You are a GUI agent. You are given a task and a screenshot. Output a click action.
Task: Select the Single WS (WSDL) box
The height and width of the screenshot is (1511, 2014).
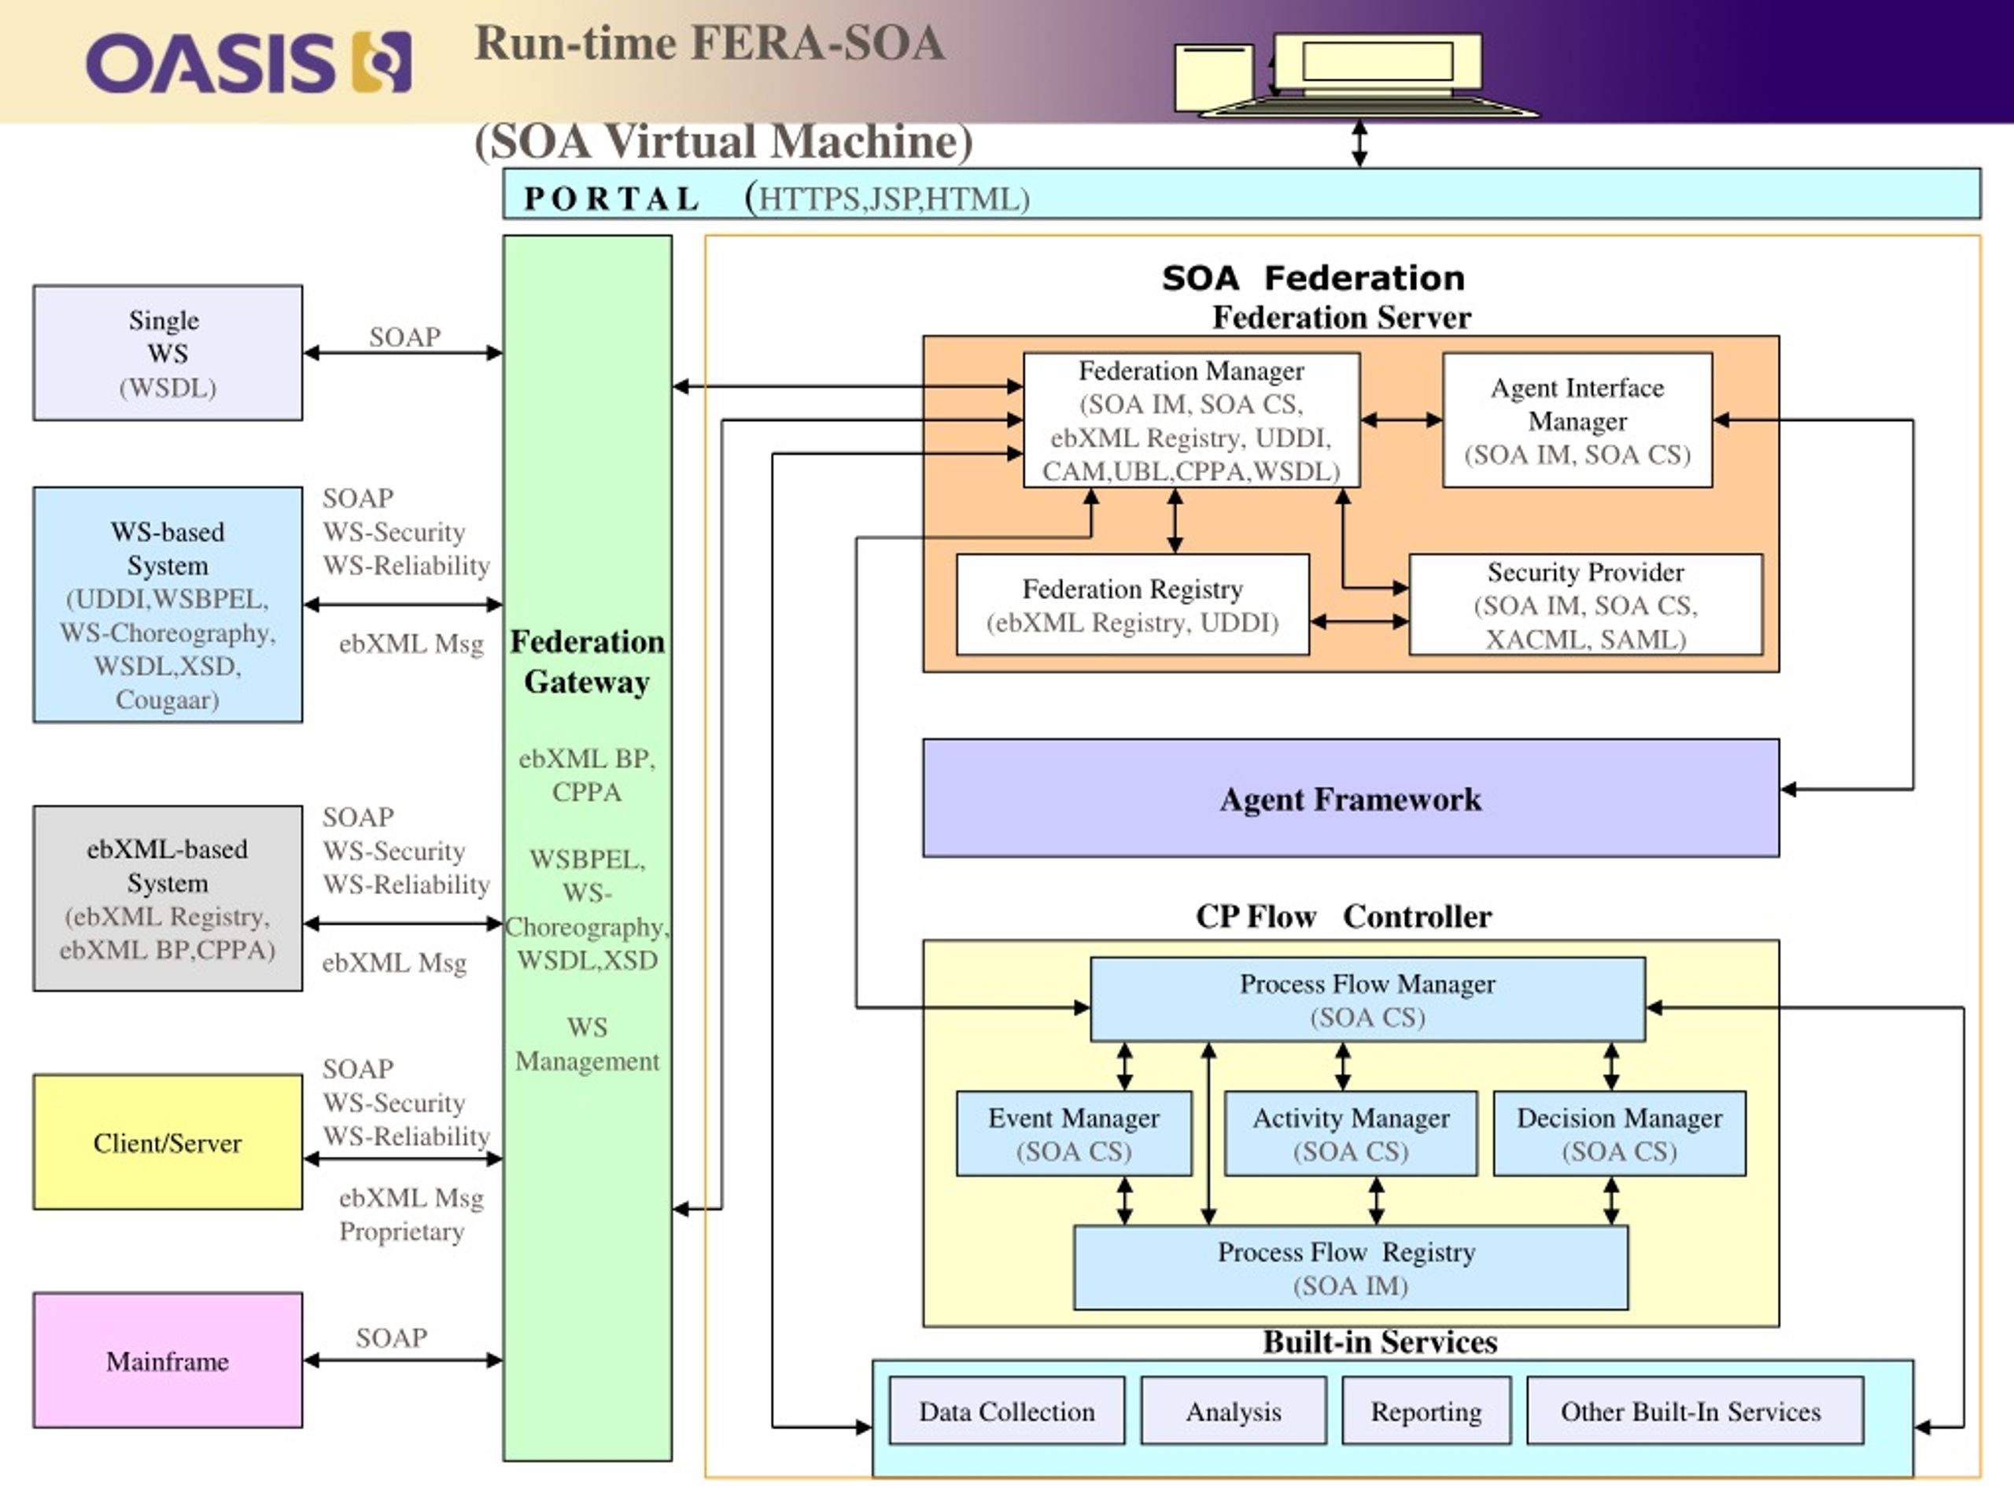pos(168,353)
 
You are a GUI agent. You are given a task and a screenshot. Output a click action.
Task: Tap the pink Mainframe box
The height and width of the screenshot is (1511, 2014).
pos(168,1360)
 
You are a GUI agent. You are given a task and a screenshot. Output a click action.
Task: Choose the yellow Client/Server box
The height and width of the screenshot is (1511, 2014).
pos(168,1142)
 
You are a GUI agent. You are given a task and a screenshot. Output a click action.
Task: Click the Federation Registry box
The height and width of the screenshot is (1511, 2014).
pos(1133,604)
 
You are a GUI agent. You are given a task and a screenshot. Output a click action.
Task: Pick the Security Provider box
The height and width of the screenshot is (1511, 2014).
pos(1585,604)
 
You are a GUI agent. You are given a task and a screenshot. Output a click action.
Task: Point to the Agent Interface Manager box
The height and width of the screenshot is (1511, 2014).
pos(1577,420)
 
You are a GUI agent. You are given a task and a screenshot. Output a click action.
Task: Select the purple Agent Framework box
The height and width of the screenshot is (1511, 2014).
pos(1350,798)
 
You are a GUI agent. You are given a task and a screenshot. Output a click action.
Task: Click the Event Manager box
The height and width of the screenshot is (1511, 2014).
pos(1073,1134)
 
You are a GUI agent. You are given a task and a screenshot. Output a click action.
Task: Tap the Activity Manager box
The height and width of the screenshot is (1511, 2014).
pos(1350,1134)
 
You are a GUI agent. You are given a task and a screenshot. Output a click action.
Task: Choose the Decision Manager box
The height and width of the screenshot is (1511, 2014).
pos(1619,1134)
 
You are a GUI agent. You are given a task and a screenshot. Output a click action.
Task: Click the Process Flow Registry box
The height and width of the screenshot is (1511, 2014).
pos(1350,1268)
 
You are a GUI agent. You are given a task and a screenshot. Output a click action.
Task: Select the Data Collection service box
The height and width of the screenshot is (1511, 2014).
pos(1006,1411)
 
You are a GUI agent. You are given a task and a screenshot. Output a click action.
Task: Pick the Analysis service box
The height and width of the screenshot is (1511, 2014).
pos(1233,1411)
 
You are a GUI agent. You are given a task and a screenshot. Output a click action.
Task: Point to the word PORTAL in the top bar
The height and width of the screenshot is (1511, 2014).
pos(611,198)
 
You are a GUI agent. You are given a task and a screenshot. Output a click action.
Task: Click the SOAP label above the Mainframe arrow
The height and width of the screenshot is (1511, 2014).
pos(392,1337)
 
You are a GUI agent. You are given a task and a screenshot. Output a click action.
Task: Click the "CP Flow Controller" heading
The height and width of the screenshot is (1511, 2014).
pos(1344,915)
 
